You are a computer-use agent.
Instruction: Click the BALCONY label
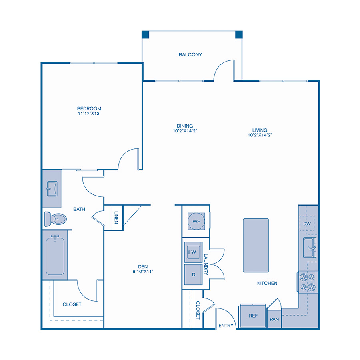point(190,55)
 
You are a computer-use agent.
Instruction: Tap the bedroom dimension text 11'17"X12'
point(89,114)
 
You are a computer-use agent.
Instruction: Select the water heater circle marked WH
point(196,221)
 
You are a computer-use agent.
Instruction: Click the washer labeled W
point(194,252)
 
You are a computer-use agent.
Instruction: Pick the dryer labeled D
point(194,275)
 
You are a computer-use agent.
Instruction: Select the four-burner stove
point(307,281)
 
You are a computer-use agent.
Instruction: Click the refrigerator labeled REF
point(253,316)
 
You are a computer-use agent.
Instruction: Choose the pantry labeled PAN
point(274,319)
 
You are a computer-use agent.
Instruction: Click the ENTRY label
point(226,326)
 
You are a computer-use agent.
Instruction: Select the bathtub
point(55,256)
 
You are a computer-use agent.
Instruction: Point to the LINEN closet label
point(116,217)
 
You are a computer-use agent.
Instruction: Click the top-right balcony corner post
point(239,34)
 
